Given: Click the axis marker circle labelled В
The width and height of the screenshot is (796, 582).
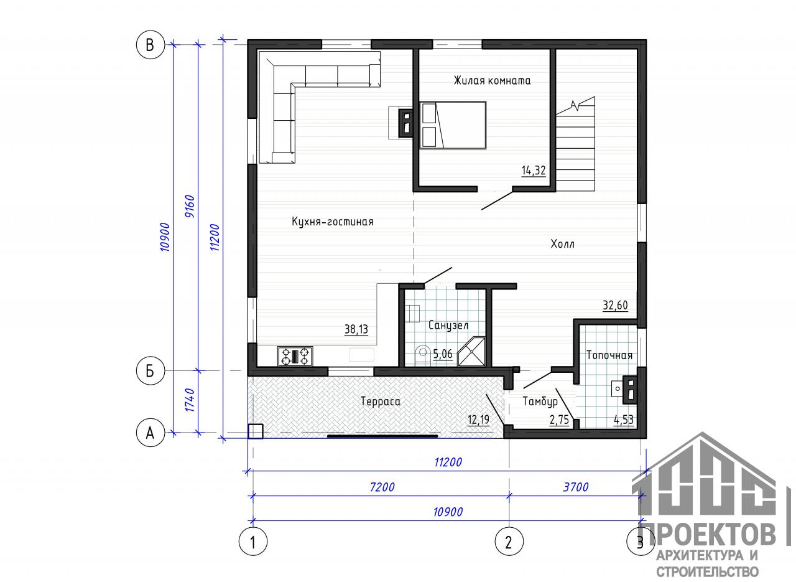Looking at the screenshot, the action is (150, 45).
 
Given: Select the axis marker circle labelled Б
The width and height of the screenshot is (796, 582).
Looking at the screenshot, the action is (150, 371).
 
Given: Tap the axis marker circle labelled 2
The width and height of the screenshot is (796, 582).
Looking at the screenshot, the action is (509, 542).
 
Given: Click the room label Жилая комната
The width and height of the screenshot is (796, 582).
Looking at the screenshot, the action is (492, 80).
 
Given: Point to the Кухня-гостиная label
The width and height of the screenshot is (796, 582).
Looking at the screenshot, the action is (333, 222).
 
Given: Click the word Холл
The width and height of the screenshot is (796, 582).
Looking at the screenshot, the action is (563, 244).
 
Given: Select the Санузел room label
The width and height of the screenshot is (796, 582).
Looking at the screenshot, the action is (448, 325).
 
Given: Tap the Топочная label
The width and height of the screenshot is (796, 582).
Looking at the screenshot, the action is (609, 355).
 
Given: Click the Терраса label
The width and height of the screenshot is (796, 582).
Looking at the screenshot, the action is (381, 401).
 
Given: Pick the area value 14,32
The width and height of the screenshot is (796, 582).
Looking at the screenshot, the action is (534, 171).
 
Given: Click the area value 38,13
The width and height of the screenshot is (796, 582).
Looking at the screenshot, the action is (356, 329).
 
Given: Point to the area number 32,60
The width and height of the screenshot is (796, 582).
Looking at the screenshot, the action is (615, 305).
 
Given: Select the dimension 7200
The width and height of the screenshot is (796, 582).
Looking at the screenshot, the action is (382, 487).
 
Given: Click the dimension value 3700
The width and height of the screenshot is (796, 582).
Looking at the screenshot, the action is (576, 487).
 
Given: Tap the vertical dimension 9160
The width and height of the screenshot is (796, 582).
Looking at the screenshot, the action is (190, 206).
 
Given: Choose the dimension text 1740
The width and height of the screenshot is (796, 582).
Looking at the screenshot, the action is (190, 400).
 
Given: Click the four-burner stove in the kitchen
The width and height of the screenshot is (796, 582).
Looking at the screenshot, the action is (295, 356).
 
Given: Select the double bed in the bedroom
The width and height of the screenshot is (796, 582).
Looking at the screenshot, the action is (453, 125).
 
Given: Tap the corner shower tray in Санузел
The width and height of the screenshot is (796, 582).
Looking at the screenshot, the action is (471, 352).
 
